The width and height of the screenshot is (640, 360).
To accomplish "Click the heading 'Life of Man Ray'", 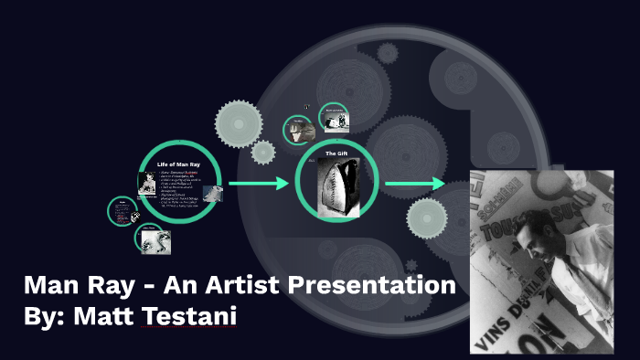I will point(178,163).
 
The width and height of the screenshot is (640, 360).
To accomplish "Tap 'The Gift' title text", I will point(336,154).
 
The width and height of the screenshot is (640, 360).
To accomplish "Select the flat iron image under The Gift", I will point(336,186).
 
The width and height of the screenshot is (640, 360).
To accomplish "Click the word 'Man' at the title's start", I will point(49,285).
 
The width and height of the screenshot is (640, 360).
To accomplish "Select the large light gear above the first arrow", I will point(235,122).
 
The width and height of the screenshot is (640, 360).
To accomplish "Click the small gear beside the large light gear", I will point(263,153).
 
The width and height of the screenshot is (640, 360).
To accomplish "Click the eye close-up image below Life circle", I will point(153,238).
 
